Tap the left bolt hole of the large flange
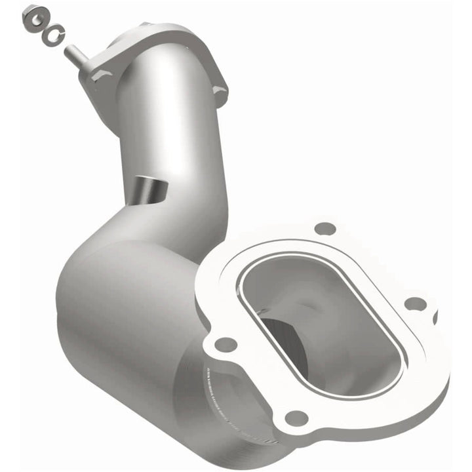tap(226, 343)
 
